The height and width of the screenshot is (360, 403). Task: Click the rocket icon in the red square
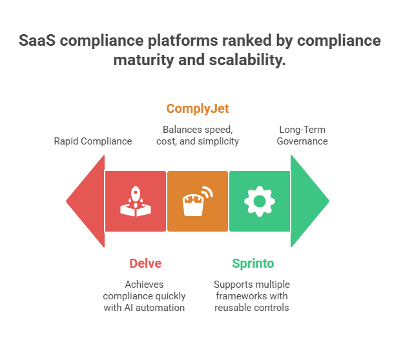tap(135, 201)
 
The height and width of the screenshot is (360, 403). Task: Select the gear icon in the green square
tap(260, 201)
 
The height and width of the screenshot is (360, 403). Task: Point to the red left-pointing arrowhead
tap(86, 201)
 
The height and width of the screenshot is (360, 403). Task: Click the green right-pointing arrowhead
tap(309, 201)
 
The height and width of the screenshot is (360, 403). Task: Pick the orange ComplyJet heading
tap(198, 108)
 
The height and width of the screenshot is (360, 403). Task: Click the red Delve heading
tap(145, 263)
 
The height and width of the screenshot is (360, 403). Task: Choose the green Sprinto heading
tap(253, 263)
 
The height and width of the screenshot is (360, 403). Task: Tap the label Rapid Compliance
tap(92, 141)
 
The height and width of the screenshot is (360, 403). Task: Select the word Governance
tap(302, 141)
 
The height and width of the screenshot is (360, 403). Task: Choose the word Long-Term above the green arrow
tap(302, 129)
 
